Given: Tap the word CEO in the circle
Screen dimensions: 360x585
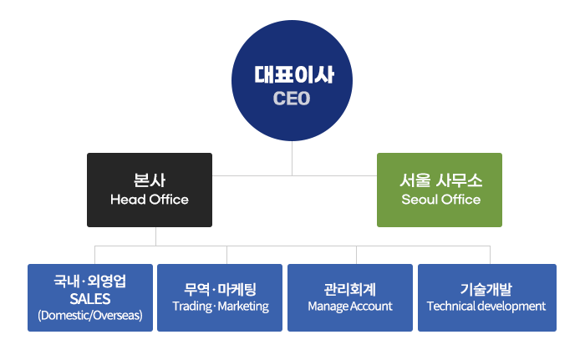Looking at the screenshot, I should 292,99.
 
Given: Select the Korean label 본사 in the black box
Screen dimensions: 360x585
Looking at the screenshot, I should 150,180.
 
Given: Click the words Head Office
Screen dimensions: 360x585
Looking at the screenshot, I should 150,200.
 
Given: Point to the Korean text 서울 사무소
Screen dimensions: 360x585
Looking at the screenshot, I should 440,180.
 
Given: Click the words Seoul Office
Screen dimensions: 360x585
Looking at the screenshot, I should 440,200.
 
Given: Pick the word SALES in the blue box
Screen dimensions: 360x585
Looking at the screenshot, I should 90,298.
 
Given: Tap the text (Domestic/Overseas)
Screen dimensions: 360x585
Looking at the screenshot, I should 90,316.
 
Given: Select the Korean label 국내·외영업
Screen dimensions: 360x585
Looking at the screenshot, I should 90,281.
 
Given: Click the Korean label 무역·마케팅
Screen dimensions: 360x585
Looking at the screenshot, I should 220,289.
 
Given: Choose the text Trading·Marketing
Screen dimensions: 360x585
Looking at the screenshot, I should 220,307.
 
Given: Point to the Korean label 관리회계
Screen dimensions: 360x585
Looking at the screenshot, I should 350,289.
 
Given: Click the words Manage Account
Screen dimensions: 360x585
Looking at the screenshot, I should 350,307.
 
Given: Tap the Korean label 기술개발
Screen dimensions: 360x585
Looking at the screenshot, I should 486,289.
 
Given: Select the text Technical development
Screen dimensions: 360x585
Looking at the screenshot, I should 486,307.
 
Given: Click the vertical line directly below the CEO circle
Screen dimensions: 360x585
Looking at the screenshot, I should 292,159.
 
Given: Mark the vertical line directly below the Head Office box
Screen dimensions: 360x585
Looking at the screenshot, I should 155,236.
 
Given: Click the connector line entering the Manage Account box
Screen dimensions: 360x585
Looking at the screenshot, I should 357,256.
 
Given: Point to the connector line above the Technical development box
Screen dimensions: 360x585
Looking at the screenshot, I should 490,256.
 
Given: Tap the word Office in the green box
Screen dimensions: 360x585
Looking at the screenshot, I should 461,200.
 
